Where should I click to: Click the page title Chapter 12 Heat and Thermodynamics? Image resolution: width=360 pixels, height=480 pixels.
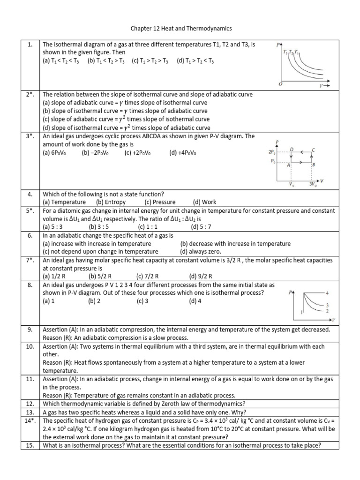(x=180, y=29)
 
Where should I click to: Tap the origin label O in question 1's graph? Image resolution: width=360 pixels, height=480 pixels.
(x=280, y=83)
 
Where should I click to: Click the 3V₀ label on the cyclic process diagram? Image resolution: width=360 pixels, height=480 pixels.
(x=313, y=184)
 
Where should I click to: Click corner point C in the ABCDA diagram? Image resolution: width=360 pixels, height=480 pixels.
(x=313, y=150)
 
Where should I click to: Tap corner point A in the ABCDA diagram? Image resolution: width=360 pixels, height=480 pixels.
(x=288, y=165)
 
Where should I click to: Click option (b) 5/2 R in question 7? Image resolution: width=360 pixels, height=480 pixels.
(x=100, y=276)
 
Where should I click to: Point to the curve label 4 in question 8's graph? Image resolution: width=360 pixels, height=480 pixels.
(x=327, y=293)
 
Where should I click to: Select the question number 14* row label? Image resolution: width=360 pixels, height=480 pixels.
(x=30, y=421)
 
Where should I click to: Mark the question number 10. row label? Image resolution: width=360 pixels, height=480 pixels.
(x=30, y=346)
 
